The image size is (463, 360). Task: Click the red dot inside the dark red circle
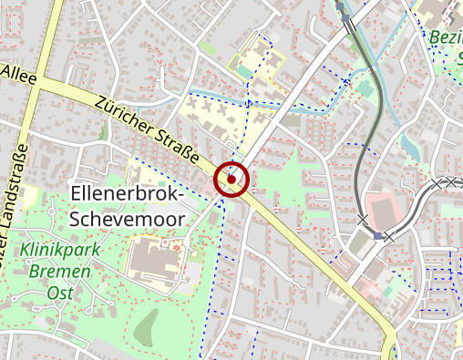[x=231, y=180]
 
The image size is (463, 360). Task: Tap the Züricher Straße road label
[x=149, y=131]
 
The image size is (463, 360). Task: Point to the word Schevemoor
[x=127, y=220]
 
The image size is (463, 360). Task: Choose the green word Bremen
[x=59, y=272]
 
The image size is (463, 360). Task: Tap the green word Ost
[x=59, y=293]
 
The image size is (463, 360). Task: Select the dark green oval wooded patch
[x=146, y=326]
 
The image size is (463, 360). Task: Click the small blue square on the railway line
[x=377, y=236]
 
